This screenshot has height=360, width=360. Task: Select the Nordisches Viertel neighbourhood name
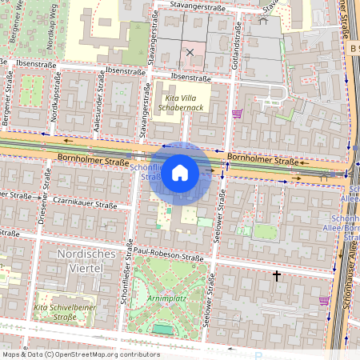pos(86,261)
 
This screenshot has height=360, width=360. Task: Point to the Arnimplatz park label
pos(166,298)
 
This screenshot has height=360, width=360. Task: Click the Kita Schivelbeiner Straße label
pos(67,312)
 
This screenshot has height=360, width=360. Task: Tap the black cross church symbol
pos(277,276)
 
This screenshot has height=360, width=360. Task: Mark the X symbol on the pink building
pos(190,53)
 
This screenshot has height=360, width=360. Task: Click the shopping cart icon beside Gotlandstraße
pos(237,114)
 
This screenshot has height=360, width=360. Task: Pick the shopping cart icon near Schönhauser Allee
pos(324,301)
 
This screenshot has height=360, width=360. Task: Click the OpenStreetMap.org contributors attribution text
pos(80,354)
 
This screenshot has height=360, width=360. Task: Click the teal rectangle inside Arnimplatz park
pos(162,328)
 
